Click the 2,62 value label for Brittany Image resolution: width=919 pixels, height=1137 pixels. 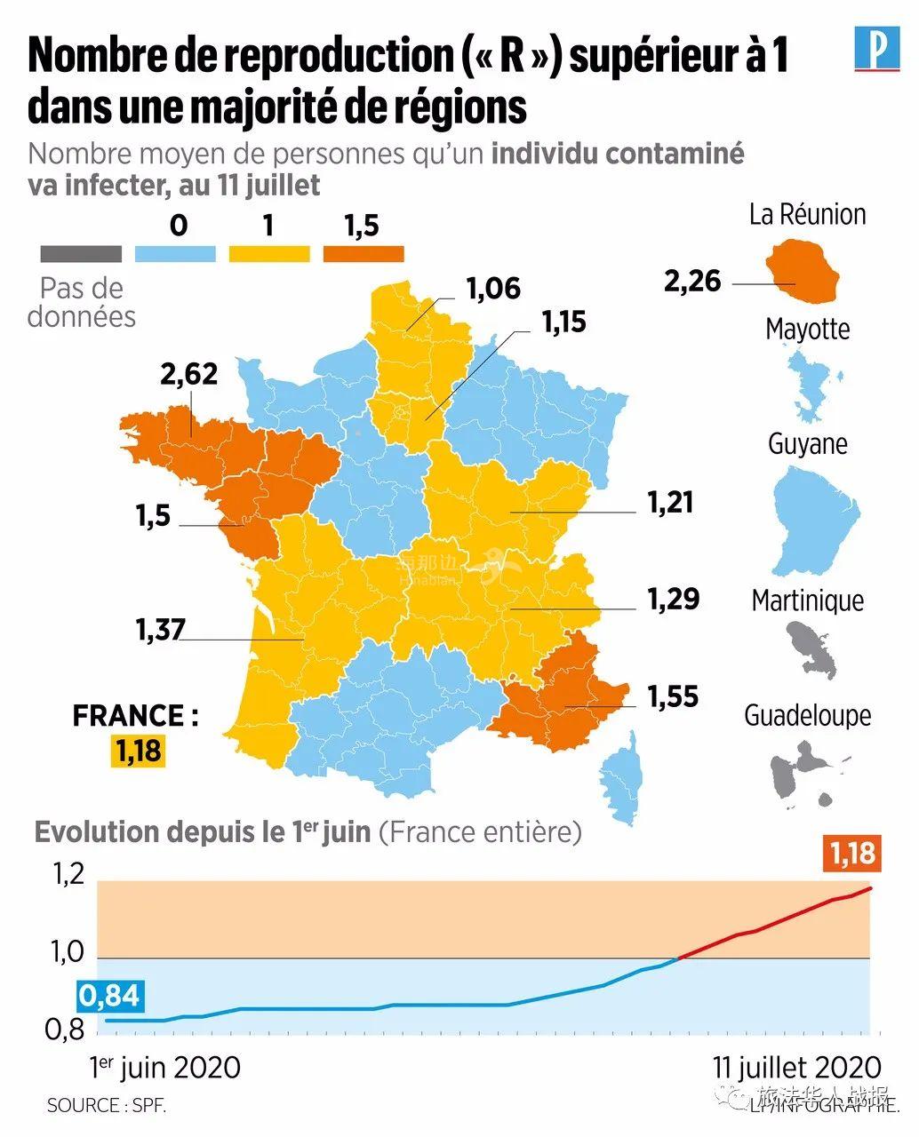[x=188, y=374]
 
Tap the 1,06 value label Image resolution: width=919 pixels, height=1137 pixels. [x=492, y=289]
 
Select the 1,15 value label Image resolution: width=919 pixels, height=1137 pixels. [x=564, y=322]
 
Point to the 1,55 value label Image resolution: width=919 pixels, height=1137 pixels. [x=672, y=696]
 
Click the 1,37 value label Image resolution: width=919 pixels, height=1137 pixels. [x=160, y=630]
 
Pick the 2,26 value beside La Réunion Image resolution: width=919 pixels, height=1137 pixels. [x=692, y=282]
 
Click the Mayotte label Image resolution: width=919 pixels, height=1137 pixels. [x=807, y=330]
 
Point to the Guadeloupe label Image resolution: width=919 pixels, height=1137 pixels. [x=807, y=715]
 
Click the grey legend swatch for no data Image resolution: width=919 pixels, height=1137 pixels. [x=81, y=254]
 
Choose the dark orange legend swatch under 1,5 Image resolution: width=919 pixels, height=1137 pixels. [x=363, y=254]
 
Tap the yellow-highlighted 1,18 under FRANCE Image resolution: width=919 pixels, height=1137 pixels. [x=139, y=751]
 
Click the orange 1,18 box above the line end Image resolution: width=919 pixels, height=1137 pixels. [x=852, y=853]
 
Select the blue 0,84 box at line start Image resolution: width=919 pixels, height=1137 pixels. [x=109, y=996]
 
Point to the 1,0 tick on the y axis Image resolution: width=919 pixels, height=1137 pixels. [x=68, y=954]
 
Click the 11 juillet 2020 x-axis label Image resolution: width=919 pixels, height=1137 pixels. [x=796, y=1067]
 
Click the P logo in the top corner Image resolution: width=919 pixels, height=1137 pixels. [x=876, y=48]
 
